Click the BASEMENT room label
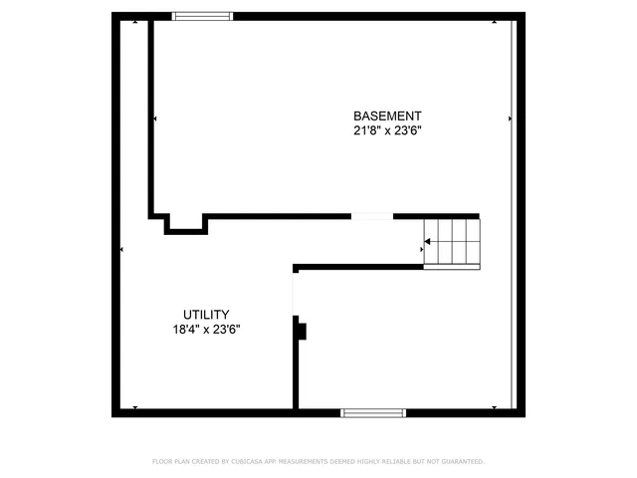click(387, 116)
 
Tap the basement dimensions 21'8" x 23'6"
click(387, 130)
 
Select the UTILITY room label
click(206, 314)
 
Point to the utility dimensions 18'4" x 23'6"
click(206, 329)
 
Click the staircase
click(452, 242)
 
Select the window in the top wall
click(203, 15)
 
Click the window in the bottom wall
click(373, 412)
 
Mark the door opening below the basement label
click(372, 216)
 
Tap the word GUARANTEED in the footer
click(460, 462)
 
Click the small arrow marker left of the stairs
click(419, 249)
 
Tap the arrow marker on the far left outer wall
click(121, 249)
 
